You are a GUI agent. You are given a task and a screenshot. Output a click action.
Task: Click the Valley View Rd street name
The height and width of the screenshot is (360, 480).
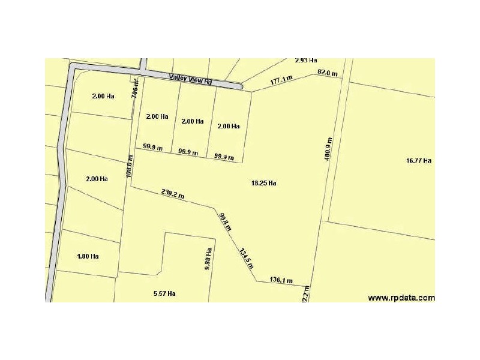(x=191, y=78)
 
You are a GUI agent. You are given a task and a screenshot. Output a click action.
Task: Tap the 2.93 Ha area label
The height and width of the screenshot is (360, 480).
(x=306, y=61)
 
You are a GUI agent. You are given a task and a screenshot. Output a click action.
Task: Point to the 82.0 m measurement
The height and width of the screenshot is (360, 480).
(x=327, y=73)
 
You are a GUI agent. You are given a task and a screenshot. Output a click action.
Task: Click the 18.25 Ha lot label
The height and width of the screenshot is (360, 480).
(x=263, y=182)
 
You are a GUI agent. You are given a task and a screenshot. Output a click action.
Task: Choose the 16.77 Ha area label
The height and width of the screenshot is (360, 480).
(x=419, y=160)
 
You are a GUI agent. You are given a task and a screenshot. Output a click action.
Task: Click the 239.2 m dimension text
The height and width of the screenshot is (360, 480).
(x=173, y=194)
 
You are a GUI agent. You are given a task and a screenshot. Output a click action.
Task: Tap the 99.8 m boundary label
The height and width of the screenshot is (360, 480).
(x=224, y=222)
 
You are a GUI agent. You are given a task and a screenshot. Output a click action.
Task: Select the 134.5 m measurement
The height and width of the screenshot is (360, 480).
(x=247, y=259)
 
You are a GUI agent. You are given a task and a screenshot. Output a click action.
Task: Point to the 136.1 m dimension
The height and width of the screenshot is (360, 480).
(x=281, y=280)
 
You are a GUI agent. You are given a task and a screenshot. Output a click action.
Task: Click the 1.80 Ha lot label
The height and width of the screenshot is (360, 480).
(x=88, y=256)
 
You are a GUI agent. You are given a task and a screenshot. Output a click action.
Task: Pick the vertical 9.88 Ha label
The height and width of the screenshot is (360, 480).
(x=207, y=259)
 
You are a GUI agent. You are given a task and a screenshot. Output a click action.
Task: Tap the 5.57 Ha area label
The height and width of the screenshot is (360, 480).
(x=164, y=293)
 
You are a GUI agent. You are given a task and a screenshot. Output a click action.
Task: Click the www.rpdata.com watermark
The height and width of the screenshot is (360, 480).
(x=401, y=297)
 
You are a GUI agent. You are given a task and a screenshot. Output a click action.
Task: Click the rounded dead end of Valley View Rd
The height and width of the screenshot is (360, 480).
(x=239, y=87)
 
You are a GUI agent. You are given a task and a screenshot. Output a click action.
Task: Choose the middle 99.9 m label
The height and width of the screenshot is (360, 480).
(x=189, y=152)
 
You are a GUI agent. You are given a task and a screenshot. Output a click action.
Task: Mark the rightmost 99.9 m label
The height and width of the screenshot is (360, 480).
(x=224, y=157)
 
